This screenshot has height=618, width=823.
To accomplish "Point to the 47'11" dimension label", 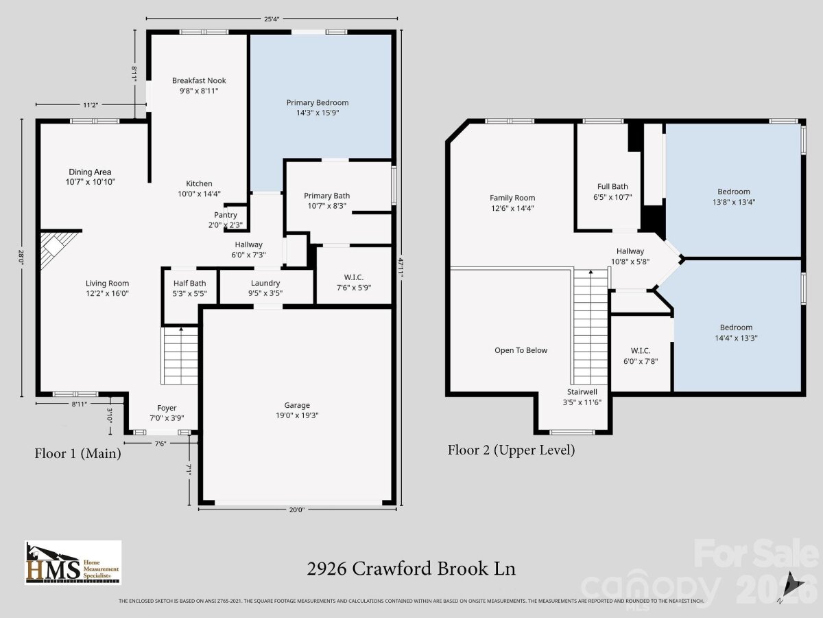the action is (401, 268).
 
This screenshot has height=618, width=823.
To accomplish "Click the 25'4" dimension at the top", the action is (272, 19).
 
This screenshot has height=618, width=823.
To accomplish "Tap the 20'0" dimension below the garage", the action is (296, 510).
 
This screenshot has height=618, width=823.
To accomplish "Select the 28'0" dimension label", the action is (21, 257).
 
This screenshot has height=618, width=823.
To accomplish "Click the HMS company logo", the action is (73, 562).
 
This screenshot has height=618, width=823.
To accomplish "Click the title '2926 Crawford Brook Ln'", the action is (411, 569).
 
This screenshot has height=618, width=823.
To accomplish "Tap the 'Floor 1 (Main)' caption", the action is (78, 453).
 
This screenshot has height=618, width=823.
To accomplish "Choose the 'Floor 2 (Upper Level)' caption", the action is (511, 450).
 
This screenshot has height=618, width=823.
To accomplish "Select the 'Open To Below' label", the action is (521, 350).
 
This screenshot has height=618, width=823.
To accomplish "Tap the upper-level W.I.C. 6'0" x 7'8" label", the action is (641, 356).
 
